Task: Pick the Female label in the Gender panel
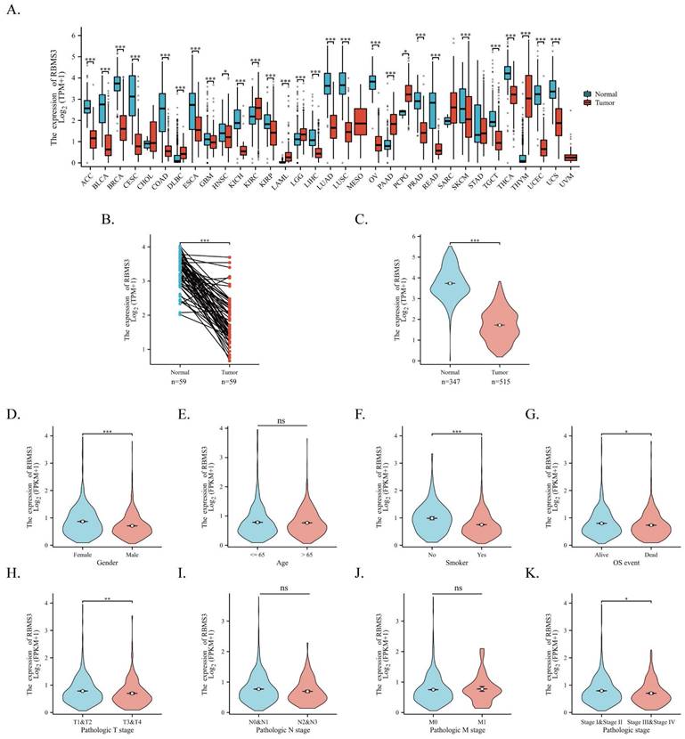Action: (82, 553)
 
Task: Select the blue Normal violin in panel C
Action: (451, 294)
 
